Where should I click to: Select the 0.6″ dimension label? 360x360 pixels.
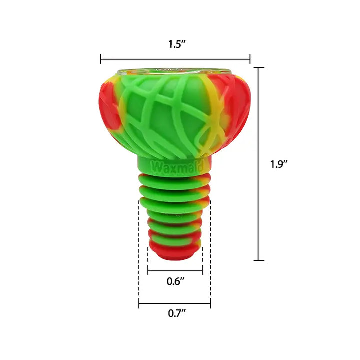pyautogui.click(x=175, y=281)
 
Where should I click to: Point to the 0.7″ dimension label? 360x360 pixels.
pyautogui.click(x=175, y=314)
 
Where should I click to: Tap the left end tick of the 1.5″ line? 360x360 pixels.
pyautogui.click(x=101, y=59)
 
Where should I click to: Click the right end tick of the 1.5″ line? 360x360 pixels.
pyautogui.click(x=250, y=59)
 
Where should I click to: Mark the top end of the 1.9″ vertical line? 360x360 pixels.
pyautogui.click(x=259, y=68)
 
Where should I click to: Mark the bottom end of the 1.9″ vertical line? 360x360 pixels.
pyautogui.click(x=259, y=260)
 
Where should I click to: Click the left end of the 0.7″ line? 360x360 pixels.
pyautogui.click(x=139, y=303)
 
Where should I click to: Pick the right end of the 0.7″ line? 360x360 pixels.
pyautogui.click(x=210, y=303)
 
